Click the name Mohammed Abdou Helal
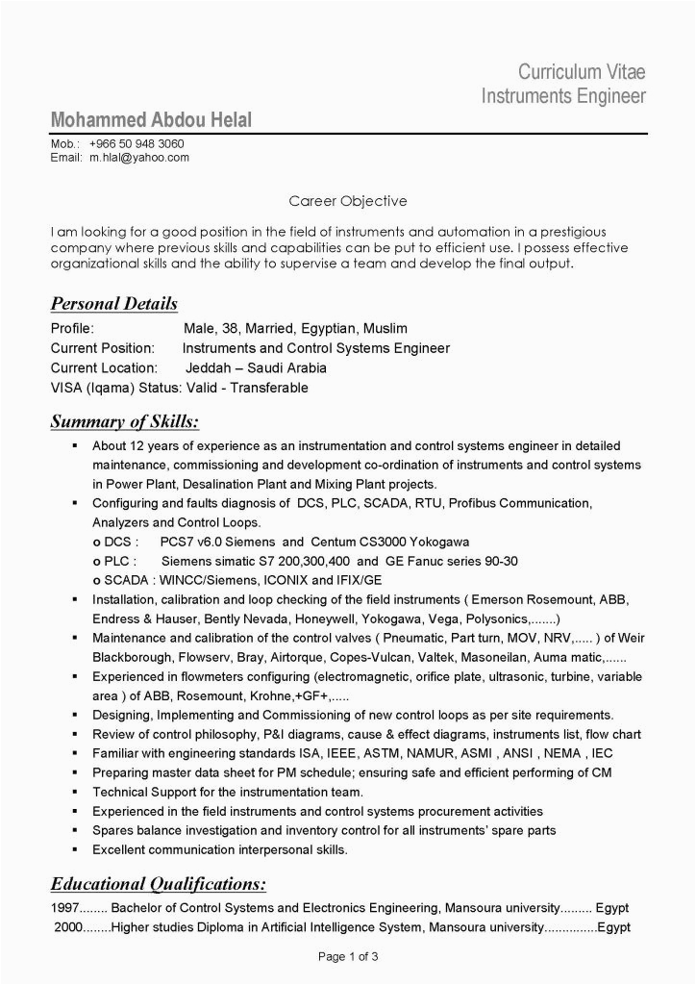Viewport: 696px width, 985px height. pyautogui.click(x=151, y=121)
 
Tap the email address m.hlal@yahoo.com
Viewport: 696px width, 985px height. pyautogui.click(x=139, y=157)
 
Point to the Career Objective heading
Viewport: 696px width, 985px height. pyautogui.click(x=348, y=201)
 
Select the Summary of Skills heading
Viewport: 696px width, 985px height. pyautogui.click(x=125, y=421)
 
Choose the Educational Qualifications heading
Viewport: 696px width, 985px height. pyautogui.click(x=158, y=883)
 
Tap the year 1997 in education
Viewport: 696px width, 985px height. pyautogui.click(x=64, y=908)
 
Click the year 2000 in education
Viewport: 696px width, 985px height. pyautogui.click(x=68, y=928)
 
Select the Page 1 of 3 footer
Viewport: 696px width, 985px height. pyautogui.click(x=348, y=957)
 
